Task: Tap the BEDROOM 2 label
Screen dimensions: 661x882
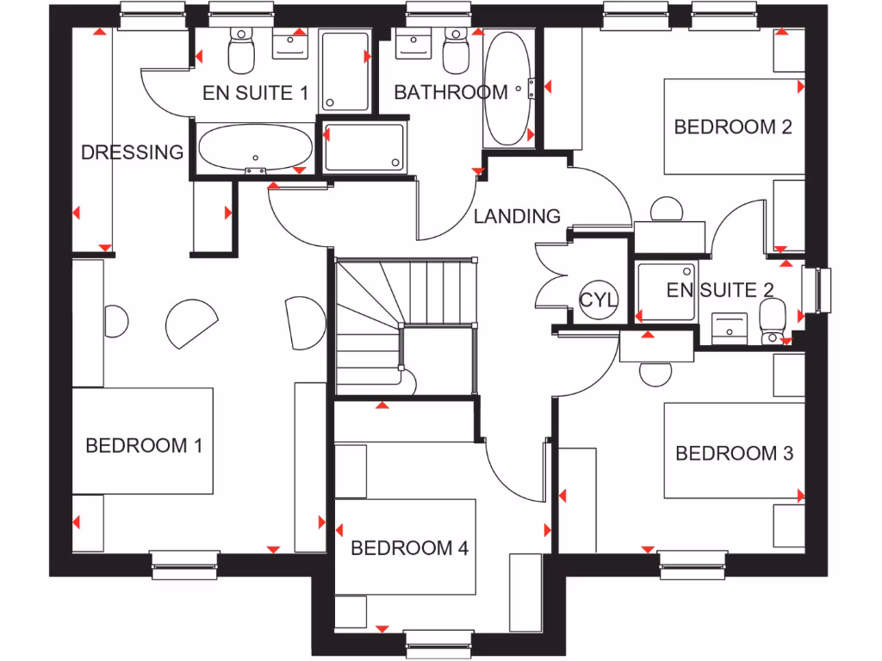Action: (733, 127)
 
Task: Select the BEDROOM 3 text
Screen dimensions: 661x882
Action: (734, 453)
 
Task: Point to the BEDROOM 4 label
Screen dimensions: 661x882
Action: (409, 547)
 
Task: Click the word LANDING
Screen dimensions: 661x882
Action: (517, 216)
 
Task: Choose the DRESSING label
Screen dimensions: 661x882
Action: (132, 152)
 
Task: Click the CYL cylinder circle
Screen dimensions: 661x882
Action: (598, 300)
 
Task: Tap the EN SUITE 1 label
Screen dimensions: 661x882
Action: (255, 93)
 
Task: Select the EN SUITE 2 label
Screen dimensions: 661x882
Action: (720, 290)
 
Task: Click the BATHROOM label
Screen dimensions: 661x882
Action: (450, 92)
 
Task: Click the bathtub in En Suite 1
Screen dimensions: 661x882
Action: (255, 149)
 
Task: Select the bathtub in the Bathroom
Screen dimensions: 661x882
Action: (506, 89)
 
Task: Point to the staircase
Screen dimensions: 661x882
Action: (405, 327)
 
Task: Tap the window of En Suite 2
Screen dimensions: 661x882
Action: (817, 290)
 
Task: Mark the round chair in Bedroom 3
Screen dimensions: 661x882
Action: (657, 373)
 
